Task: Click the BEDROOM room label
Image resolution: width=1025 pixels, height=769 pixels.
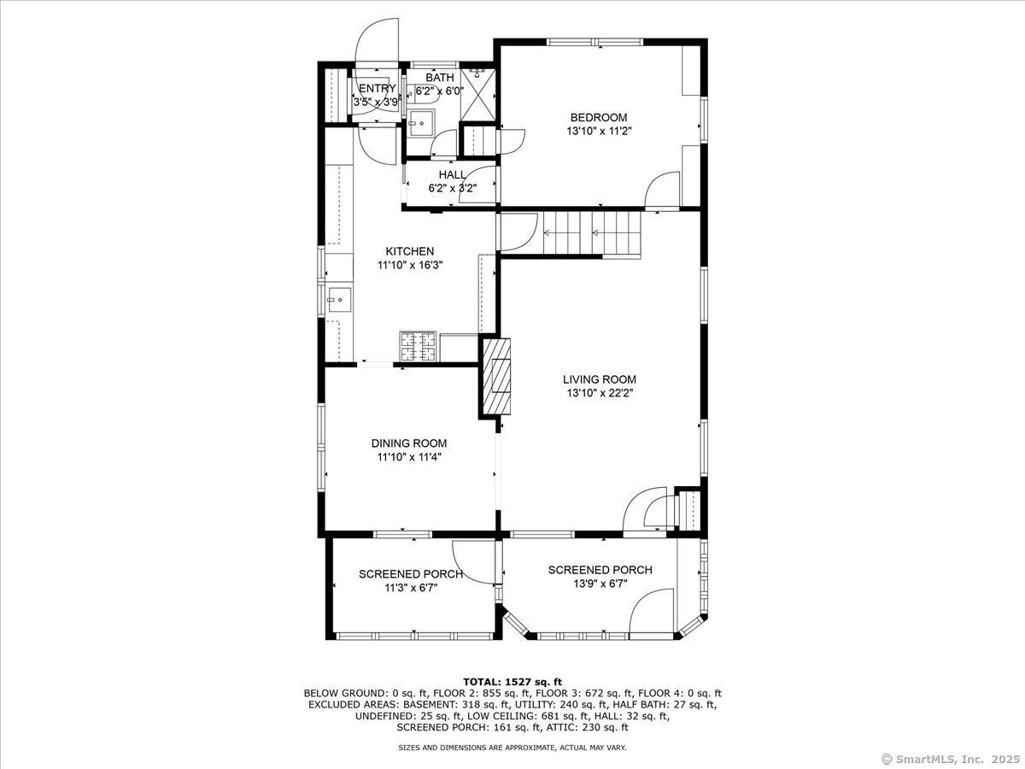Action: point(599,118)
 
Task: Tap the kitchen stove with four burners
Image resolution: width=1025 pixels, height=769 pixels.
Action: point(418,346)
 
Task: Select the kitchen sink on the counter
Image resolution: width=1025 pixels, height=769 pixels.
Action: point(338,300)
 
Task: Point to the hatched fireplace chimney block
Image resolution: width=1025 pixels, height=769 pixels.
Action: point(497,377)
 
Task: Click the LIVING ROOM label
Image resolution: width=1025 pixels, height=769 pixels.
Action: point(599,379)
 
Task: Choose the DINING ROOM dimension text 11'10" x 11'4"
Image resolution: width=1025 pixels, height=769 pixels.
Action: point(409,457)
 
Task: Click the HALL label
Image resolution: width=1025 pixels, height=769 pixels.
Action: point(452,174)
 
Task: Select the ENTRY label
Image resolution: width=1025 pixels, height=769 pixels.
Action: point(378,88)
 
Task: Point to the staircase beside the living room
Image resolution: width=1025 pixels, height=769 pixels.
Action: point(592,233)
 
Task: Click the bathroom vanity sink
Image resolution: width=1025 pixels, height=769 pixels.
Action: point(421,123)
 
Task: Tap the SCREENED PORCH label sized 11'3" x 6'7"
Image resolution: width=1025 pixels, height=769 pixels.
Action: point(411,574)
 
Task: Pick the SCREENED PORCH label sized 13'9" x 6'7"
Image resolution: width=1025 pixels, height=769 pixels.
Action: point(600,570)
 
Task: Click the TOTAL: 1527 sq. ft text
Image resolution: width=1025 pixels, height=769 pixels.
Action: point(512,682)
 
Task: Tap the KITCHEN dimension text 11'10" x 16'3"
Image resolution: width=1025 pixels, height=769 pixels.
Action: point(410,265)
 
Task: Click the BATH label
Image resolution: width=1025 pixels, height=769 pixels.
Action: point(439,78)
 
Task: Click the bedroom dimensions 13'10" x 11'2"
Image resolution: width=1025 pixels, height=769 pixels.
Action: point(599,132)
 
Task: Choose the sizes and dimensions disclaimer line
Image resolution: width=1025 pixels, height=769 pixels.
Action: point(512,748)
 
